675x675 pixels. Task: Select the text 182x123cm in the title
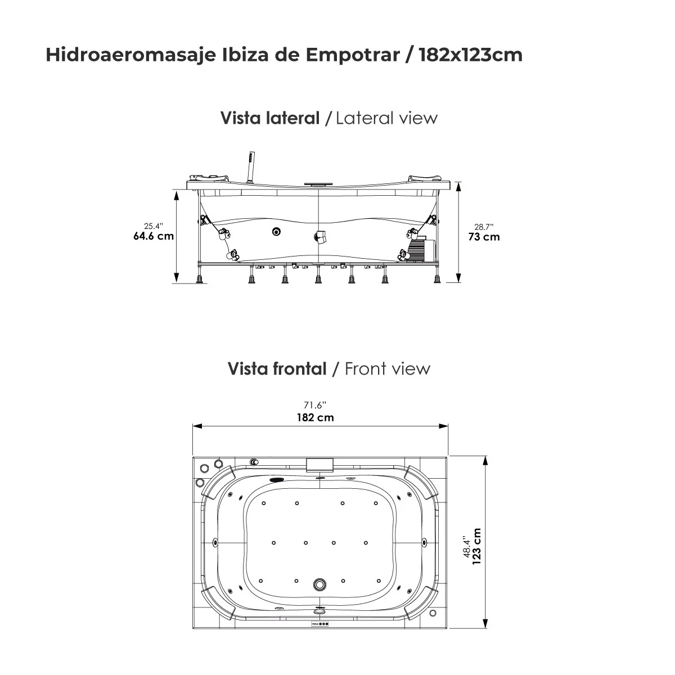tap(470, 55)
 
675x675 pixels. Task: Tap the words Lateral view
tap(386, 118)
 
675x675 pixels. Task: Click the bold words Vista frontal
tap(277, 369)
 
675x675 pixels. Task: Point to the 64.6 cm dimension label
tap(153, 236)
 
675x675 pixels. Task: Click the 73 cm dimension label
tap(484, 237)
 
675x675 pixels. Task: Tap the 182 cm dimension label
tap(315, 417)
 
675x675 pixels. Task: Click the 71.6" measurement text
tap(315, 405)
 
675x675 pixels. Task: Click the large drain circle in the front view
tap(320, 584)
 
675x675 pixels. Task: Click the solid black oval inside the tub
tap(277, 480)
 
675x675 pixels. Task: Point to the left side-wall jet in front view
tap(216, 543)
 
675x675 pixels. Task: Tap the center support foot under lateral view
tap(318, 277)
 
